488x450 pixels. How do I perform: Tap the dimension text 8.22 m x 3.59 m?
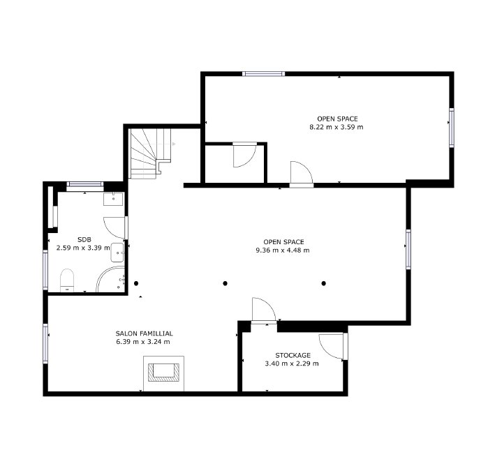pos(337,128)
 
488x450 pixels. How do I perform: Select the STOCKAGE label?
pos(293,355)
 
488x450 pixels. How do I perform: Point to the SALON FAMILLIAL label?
pos(144,333)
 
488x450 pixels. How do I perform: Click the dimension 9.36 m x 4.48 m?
pos(283,250)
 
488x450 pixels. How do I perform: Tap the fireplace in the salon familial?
pos(165,371)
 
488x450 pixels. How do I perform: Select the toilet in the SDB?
pos(67,280)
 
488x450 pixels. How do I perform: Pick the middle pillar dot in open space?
pos(225,283)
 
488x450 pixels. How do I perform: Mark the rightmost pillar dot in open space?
pos(324,283)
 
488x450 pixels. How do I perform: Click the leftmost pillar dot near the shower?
pos(136,283)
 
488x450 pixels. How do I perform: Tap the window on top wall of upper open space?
pos(263,73)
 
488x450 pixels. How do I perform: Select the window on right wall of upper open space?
pos(451,127)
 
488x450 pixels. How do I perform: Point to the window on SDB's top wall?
pos(84,184)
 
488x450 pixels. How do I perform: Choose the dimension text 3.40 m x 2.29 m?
pos(292,363)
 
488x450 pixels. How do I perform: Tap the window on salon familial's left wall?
pos(46,343)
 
